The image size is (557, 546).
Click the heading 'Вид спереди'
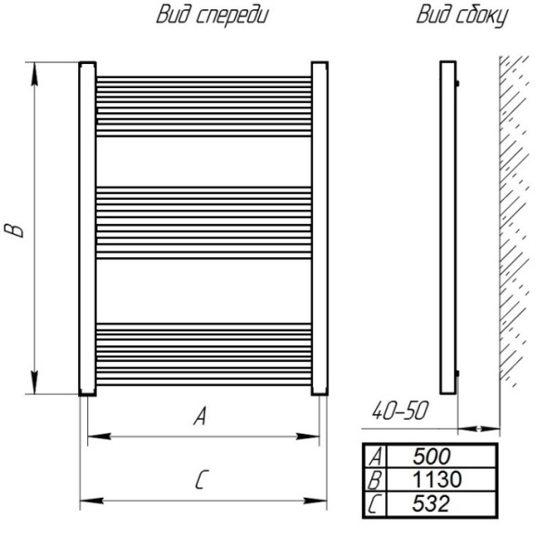[213, 15]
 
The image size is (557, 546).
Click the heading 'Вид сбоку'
[462, 16]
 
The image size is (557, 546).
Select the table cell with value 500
[441, 456]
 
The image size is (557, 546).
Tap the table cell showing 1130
[441, 479]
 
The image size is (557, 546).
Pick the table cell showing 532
[441, 503]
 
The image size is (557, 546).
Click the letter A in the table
[375, 456]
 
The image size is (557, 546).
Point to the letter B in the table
[375, 480]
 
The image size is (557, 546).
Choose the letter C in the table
[374, 504]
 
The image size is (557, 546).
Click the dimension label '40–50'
[400, 411]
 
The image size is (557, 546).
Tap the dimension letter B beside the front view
[14, 230]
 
